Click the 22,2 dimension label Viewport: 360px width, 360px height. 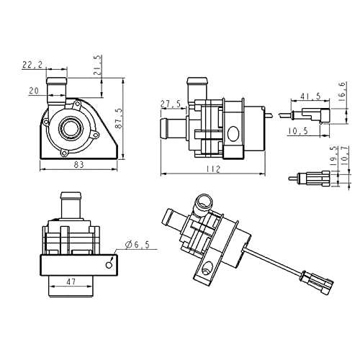32,65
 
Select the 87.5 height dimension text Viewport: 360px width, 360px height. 119,118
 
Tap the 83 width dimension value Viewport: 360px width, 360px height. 78,164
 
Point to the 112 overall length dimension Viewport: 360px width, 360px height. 213,169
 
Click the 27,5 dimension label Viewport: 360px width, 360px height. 171,104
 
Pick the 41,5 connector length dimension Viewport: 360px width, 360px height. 310,96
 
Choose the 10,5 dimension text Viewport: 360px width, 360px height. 298,131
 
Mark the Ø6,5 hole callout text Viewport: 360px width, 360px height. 138,244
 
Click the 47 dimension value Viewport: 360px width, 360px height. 71,282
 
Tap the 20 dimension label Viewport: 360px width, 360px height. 34,91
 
